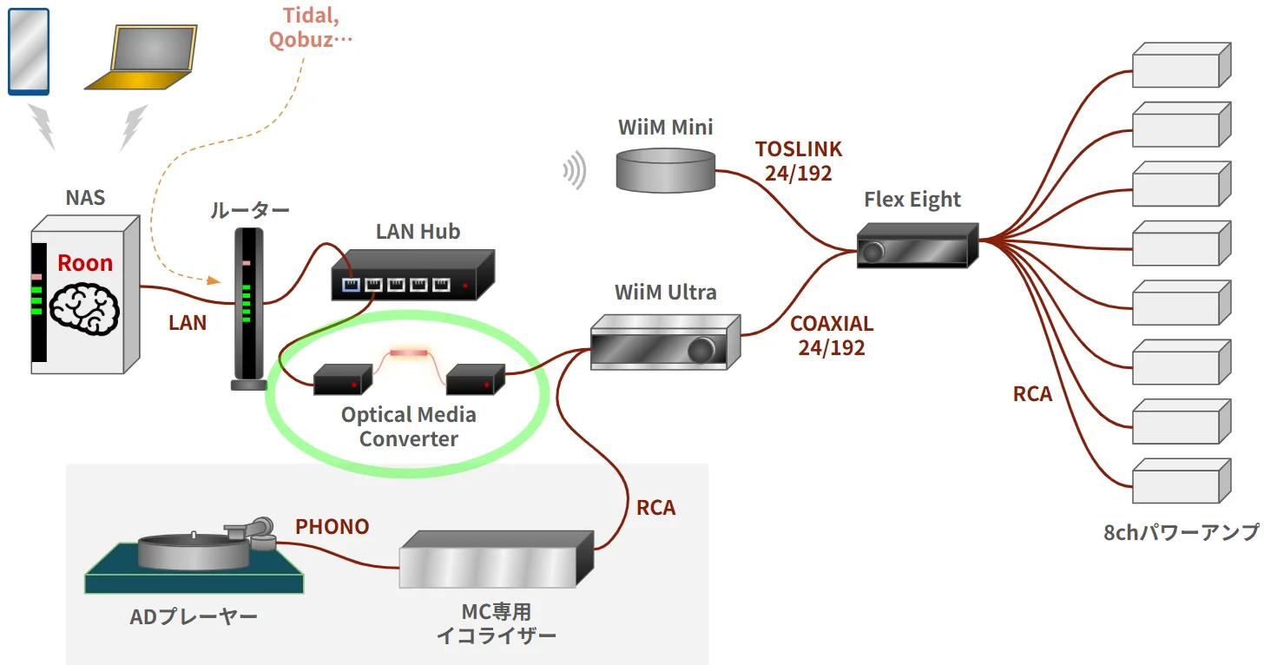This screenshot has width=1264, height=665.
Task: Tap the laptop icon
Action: [x=142, y=59]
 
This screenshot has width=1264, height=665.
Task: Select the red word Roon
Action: [x=85, y=263]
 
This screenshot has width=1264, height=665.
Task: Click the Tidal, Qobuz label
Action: [x=310, y=27]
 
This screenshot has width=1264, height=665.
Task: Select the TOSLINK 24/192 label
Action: [x=799, y=161]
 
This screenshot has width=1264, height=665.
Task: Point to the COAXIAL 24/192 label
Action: [x=831, y=336]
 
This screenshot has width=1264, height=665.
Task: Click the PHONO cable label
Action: [x=332, y=527]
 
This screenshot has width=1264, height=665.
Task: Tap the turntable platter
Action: [x=191, y=549]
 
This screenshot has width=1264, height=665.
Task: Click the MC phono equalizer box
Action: [x=495, y=561]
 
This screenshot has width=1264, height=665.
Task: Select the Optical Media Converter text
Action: [x=408, y=426]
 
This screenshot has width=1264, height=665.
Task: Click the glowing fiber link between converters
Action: [x=408, y=353]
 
